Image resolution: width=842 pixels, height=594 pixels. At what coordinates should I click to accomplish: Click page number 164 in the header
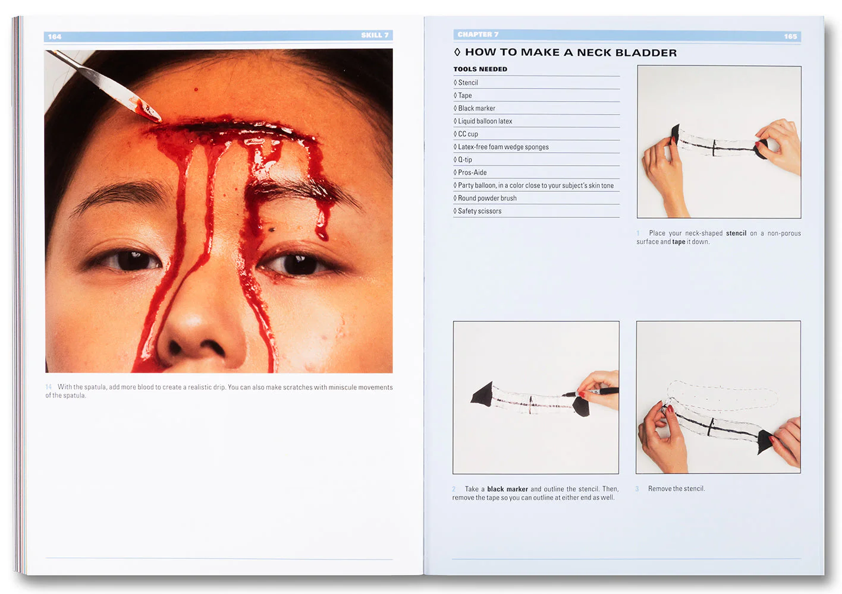click(x=55, y=37)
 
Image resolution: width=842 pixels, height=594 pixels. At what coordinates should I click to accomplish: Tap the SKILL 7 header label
click(x=375, y=36)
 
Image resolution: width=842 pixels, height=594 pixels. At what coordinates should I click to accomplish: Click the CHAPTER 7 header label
click(x=478, y=34)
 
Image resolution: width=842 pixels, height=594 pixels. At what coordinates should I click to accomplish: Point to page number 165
click(x=790, y=37)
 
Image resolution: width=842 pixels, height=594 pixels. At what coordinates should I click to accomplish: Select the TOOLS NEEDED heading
click(x=480, y=69)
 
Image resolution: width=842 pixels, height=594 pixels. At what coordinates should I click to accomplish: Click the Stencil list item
click(x=467, y=83)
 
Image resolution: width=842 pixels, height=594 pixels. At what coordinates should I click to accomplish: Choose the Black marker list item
click(x=476, y=108)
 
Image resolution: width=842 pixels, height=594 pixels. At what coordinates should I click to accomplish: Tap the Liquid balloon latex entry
click(x=485, y=121)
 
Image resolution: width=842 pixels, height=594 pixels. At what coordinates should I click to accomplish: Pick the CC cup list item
click(x=467, y=134)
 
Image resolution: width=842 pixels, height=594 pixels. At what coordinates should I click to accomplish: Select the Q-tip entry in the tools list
click(x=464, y=160)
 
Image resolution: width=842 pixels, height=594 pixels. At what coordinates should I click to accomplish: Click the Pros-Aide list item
click(x=472, y=173)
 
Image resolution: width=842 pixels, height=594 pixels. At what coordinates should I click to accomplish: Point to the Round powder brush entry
click(x=487, y=198)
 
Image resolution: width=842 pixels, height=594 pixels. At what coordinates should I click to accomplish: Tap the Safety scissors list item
click(x=479, y=211)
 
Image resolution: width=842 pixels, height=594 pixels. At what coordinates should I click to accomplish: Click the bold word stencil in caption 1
click(x=736, y=233)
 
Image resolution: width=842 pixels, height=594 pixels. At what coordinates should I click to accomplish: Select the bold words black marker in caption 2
click(x=507, y=489)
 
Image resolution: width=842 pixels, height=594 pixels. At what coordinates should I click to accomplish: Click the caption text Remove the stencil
click(x=676, y=489)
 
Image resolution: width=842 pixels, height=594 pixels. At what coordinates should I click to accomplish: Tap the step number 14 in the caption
click(x=49, y=387)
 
